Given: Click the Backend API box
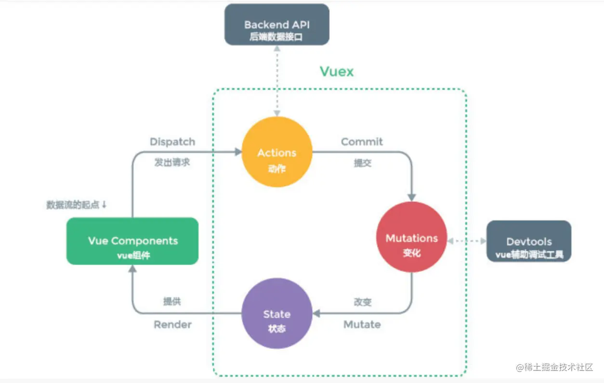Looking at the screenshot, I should coord(277,25).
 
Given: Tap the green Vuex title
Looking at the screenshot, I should coord(337,72).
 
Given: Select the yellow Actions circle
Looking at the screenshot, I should coord(277,152).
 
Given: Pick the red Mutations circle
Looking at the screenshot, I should coord(411,237).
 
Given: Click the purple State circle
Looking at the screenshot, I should coord(277,314).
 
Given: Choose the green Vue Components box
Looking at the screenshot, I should coord(132,241).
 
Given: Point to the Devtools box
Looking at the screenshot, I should coord(529,241).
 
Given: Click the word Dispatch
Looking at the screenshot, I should coord(172,142).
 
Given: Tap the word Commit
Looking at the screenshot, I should coord(362,142).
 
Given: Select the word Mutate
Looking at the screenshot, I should coord(362,324).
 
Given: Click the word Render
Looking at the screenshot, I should coord(172,324).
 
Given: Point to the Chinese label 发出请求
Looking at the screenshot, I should coord(172,162).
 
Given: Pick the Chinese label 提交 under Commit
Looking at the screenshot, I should coord(362,163).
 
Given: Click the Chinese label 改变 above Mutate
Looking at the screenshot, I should coord(362,302).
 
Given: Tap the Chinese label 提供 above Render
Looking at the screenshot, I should coord(172,302).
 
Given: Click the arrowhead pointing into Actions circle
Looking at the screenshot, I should coord(238,152).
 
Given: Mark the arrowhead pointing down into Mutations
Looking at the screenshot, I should coord(411,197).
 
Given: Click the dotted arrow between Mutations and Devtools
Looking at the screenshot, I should coord(467,240).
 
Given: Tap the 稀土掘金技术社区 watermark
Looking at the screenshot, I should coord(554,367).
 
